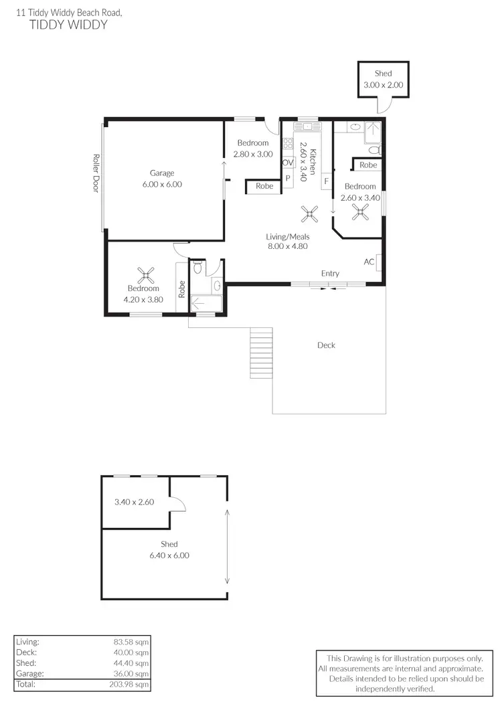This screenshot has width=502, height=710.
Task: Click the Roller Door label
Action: (x=96, y=174)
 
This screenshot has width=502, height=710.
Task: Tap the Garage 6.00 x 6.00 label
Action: (x=162, y=179)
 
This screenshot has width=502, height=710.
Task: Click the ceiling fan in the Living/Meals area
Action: (x=309, y=214)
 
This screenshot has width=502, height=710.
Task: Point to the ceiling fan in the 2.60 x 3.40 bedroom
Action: (x=361, y=213)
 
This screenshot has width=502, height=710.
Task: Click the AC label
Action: (x=369, y=262)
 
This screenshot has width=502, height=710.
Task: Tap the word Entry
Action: (x=330, y=273)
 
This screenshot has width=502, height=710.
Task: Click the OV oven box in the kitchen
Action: (x=288, y=163)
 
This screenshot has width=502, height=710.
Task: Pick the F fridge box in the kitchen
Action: (x=327, y=181)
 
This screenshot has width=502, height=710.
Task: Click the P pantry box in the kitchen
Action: (x=288, y=179)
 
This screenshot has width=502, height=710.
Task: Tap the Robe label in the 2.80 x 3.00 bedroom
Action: (x=264, y=186)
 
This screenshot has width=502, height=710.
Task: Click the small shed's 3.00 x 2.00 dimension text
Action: (x=384, y=85)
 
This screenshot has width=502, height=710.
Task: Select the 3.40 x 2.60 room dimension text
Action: (x=135, y=501)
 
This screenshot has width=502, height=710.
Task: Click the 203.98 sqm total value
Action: (x=131, y=684)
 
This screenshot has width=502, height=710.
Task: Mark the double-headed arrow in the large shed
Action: (x=228, y=546)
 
